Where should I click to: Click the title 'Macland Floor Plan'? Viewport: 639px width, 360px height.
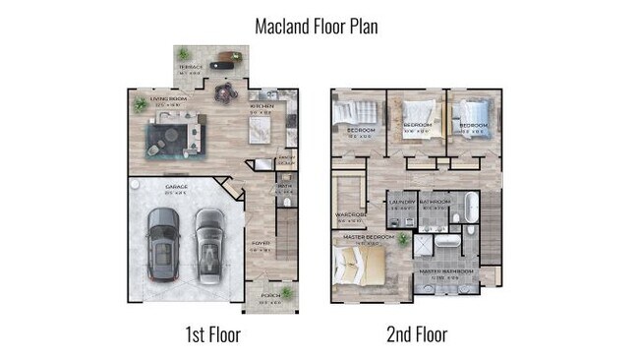(x=316, y=27)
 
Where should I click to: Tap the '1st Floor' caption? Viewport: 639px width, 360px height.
(x=213, y=335)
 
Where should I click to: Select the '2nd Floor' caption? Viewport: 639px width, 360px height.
(x=416, y=335)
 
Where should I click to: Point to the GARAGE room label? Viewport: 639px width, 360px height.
(x=177, y=186)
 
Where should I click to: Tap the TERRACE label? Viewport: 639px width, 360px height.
(x=190, y=68)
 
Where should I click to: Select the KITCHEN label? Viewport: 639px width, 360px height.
(x=261, y=106)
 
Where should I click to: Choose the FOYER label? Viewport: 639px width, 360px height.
(x=261, y=243)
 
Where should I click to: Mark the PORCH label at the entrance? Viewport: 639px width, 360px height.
(x=269, y=294)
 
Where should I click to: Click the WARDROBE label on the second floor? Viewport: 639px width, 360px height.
(x=350, y=215)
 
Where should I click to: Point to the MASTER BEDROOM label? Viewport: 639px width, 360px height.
(x=369, y=238)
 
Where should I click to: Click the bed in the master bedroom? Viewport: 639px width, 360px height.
(x=354, y=264)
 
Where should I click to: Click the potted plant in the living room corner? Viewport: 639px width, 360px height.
(x=141, y=102)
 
